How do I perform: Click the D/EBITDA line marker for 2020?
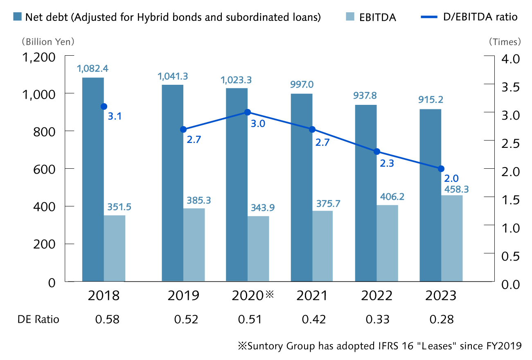(247, 112)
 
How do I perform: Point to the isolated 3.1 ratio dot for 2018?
(104, 106)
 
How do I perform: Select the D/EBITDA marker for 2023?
(441, 169)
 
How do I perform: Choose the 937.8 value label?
(365, 96)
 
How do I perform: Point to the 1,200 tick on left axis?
(39, 57)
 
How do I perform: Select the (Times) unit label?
(504, 42)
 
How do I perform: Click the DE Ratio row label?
(38, 319)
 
